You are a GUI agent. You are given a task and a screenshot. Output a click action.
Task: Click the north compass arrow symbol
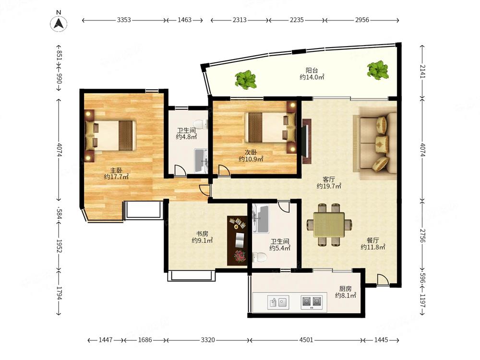pos(59,23)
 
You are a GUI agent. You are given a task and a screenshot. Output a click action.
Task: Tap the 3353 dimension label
pos(124,20)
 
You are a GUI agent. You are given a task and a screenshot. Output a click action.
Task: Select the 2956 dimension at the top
pos(362,20)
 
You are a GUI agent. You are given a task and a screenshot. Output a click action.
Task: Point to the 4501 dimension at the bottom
pos(306,340)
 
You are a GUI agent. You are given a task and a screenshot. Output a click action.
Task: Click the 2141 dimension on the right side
pos(422,72)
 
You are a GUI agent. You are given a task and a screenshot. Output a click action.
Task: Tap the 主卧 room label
pos(116,170)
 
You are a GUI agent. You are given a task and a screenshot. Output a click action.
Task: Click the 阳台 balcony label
pos(312,71)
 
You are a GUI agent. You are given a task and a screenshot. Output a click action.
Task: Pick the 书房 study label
pos(202,234)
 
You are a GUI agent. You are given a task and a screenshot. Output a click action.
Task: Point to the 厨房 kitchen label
pos(345,288)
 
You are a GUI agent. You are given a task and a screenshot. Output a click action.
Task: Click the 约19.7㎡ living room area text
pos(329,186)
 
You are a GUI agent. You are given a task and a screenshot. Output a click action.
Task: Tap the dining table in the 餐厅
pos(329,225)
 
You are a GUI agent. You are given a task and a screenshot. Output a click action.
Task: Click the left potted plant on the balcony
pos(245,80)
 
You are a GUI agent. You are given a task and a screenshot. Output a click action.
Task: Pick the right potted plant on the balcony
pos(378,70)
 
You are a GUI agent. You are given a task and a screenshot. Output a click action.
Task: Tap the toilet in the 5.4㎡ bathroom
pos(259,257)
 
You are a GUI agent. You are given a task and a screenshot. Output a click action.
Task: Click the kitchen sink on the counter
pos(278,302)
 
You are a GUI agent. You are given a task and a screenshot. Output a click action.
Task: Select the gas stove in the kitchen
pos(312,302)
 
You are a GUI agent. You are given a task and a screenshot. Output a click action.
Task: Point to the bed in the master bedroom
pos(110,135)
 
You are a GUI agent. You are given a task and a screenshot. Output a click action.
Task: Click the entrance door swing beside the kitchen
pos(383,280)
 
